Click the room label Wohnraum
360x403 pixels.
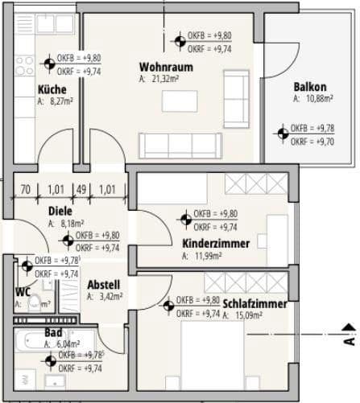160,67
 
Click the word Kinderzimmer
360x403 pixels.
215,244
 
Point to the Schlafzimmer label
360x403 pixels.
255,303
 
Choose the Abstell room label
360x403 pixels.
104,284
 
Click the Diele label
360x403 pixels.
60,211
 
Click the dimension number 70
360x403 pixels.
26,190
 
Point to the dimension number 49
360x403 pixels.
81,190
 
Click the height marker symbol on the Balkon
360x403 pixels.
282,134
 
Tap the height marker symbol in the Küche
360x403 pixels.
50,64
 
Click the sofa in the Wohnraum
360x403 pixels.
180,145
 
